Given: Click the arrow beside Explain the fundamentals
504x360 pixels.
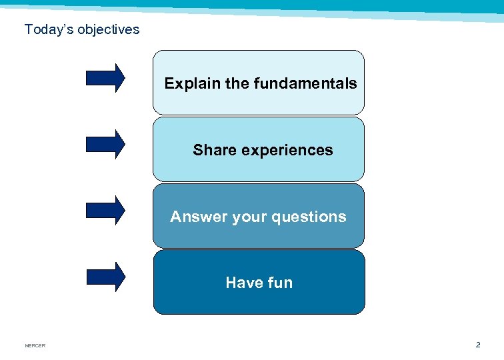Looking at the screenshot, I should [x=105, y=78].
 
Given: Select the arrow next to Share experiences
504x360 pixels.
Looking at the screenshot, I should [x=105, y=144].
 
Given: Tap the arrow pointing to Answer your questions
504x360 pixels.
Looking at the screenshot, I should [x=105, y=210].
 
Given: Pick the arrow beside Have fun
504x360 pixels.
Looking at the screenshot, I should [x=105, y=277].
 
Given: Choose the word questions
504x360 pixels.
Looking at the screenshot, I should [x=312, y=217].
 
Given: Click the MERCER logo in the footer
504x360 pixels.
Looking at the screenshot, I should [x=35, y=345].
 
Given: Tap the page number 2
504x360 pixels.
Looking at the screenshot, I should [x=477, y=345].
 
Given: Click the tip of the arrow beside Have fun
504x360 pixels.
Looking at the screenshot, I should [x=124, y=277].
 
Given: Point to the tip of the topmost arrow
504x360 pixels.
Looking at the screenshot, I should [x=124, y=78].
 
